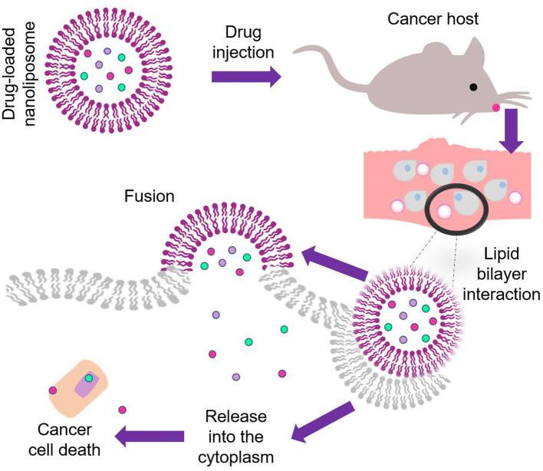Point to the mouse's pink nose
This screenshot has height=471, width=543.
(x=496, y=108)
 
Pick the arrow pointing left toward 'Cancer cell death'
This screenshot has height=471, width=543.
(x=149, y=437)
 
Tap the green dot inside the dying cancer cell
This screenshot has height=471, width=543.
(x=90, y=378)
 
